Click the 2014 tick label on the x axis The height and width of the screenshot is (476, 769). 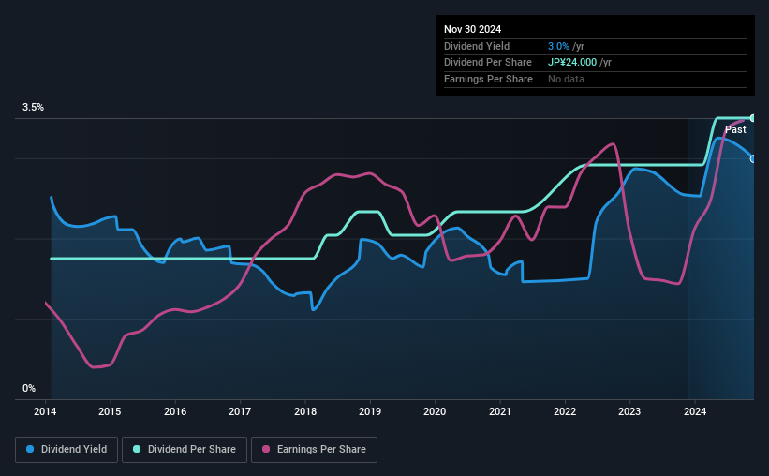(46, 410)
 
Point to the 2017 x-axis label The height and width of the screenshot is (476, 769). (240, 410)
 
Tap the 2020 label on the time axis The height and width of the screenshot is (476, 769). (435, 410)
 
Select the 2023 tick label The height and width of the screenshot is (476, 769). (629, 410)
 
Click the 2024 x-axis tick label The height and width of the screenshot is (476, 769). (694, 410)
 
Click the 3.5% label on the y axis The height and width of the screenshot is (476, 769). (33, 108)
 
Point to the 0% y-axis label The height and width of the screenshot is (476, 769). (29, 388)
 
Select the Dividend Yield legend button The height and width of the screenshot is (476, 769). (67, 450)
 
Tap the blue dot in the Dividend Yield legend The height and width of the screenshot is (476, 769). (31, 450)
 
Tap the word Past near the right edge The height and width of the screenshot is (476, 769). (735, 130)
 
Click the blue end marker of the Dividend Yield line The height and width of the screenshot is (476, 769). (752, 158)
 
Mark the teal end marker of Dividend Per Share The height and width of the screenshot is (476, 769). (752, 118)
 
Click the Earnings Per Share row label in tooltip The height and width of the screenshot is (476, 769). (488, 79)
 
